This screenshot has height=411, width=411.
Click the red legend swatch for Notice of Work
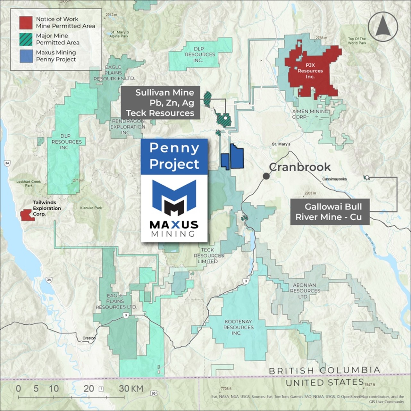tap(26, 22)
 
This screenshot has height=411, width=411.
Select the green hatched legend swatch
tap(26, 39)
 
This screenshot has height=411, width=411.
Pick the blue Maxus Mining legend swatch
tap(26, 56)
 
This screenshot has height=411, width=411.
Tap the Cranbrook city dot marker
tap(266, 176)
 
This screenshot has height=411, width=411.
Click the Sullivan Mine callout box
tap(161, 103)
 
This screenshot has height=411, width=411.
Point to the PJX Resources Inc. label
tap(310, 71)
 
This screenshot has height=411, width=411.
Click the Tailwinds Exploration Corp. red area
tap(27, 215)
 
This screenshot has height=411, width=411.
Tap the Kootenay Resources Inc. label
tap(238, 327)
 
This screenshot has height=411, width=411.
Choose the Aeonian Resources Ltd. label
tap(305, 291)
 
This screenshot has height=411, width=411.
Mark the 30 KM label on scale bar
tap(131, 389)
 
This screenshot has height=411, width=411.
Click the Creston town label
tap(89, 338)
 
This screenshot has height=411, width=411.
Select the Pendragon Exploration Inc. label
tap(128, 127)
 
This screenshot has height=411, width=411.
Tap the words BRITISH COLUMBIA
tap(324, 371)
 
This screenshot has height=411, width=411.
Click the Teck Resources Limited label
tap(209, 256)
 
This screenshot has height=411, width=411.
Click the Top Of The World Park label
tap(357, 41)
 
